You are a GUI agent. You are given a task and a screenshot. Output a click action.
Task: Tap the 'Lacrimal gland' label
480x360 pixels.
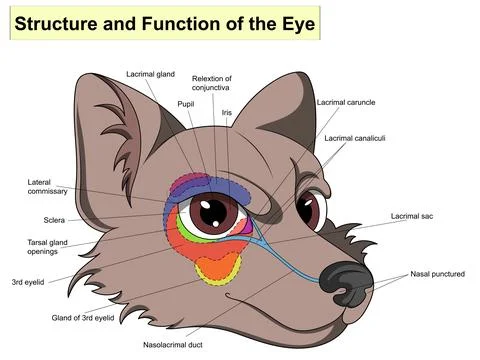coord(150,73)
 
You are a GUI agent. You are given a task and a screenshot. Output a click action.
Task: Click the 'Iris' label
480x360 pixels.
coord(227,112)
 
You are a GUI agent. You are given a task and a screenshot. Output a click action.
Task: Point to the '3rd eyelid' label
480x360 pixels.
coord(31,283)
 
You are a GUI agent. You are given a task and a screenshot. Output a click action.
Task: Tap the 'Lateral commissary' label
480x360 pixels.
coord(46,187)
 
